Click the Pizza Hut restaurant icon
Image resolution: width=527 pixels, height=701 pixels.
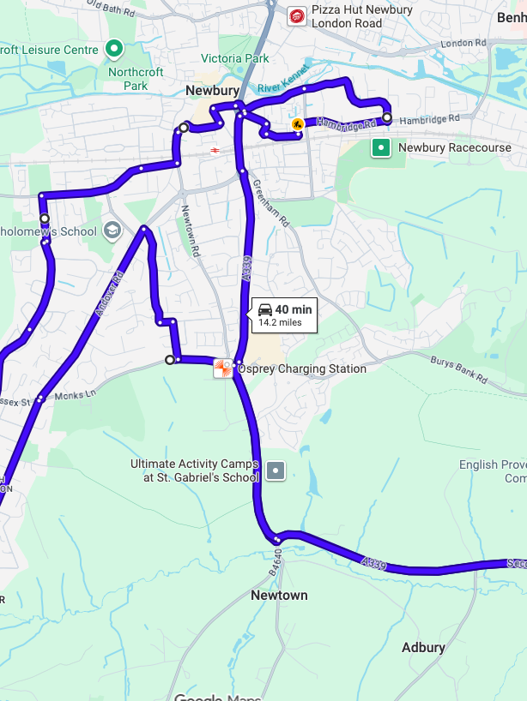[296, 16]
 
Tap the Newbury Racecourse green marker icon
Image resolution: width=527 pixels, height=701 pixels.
[380, 148]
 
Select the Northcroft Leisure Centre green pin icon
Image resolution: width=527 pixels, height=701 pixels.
[114, 50]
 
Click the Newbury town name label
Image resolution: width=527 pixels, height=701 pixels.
[212, 91]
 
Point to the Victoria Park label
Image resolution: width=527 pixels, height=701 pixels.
[234, 59]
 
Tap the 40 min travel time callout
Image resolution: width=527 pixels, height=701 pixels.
[285, 315]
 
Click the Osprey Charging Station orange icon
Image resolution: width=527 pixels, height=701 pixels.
[222, 368]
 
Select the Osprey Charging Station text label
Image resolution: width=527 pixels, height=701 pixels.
[301, 369]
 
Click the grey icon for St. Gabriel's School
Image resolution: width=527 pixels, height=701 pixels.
[275, 470]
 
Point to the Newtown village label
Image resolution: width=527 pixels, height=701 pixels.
[279, 595]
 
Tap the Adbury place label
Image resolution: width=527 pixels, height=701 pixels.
[423, 648]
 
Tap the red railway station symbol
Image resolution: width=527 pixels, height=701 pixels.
[214, 151]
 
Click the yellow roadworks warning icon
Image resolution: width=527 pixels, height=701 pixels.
[297, 125]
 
